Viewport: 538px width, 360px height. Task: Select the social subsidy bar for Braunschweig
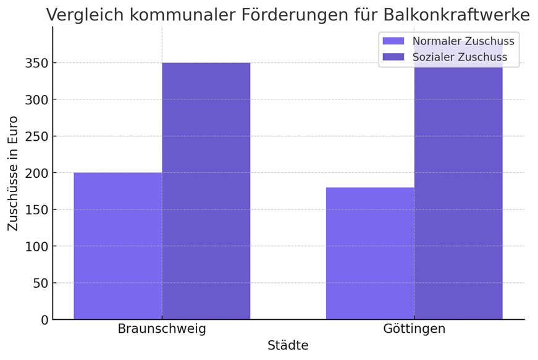tap(206, 191)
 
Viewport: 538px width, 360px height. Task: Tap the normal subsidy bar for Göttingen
tap(370, 253)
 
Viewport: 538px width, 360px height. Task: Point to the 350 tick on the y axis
tap(37, 63)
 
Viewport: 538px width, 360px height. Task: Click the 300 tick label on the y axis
tap(37, 99)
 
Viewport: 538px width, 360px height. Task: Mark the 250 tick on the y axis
tap(37, 136)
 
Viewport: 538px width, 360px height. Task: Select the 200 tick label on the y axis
tap(37, 173)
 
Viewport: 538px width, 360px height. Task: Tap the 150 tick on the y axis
tap(37, 209)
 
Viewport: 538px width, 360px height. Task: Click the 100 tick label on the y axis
tap(37, 246)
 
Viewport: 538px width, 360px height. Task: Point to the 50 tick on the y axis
tap(41, 283)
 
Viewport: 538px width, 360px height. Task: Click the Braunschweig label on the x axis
tap(162, 329)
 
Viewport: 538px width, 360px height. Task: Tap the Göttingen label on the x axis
tap(414, 329)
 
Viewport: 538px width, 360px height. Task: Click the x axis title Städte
tap(288, 346)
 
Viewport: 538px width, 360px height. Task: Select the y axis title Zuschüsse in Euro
tap(13, 174)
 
